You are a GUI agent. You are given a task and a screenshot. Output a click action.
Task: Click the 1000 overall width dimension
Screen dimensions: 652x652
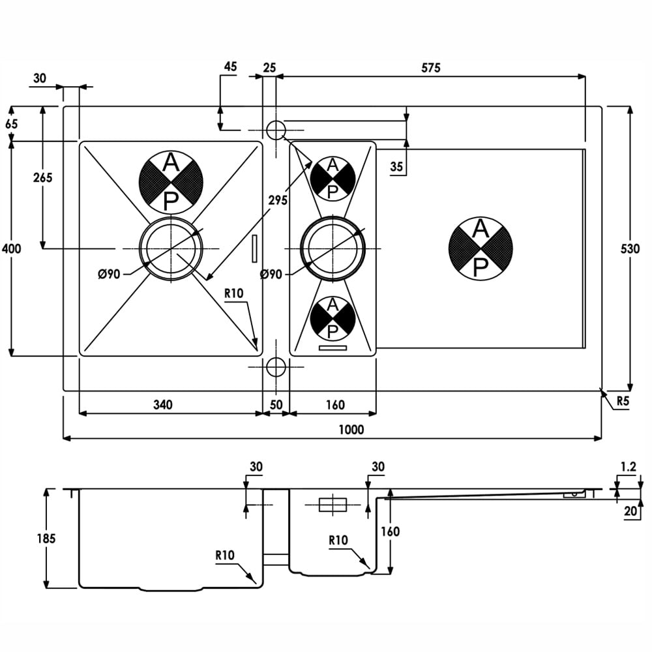click(x=351, y=429)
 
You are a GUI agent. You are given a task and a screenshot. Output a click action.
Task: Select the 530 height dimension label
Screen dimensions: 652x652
click(x=630, y=248)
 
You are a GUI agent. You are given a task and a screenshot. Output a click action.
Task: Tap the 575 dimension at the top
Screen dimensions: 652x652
click(x=430, y=67)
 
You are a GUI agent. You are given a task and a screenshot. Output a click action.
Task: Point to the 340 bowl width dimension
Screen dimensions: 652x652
click(x=162, y=404)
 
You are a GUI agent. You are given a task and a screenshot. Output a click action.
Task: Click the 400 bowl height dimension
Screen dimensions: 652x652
click(x=11, y=248)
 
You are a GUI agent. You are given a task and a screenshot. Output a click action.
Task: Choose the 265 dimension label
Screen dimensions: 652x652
click(x=43, y=177)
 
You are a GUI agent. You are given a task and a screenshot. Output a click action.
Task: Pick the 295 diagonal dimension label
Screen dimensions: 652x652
click(x=277, y=200)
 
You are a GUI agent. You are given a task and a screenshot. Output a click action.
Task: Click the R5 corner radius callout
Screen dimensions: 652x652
click(x=623, y=401)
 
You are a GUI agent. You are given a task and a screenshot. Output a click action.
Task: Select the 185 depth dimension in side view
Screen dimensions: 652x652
click(x=46, y=539)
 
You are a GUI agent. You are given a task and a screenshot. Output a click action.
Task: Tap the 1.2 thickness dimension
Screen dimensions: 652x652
click(x=629, y=467)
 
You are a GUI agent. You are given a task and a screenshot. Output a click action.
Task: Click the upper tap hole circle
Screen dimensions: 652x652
click(x=275, y=130)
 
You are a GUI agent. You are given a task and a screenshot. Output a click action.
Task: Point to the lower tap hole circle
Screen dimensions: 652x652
click(x=275, y=366)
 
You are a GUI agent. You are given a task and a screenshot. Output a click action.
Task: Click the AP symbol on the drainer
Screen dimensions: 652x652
click(x=481, y=248)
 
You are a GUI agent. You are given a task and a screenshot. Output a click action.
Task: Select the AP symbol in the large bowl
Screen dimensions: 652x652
click(x=171, y=181)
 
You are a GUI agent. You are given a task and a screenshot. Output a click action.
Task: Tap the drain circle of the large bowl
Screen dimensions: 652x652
click(x=171, y=248)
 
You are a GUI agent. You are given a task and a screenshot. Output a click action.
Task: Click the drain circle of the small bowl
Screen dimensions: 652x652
click(x=333, y=248)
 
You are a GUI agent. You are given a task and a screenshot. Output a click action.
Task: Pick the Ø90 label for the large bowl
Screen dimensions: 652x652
click(x=109, y=274)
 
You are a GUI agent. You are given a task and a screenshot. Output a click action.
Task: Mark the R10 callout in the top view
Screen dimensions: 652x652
click(x=233, y=293)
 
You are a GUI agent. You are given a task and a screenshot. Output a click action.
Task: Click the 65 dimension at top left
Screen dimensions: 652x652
click(x=12, y=124)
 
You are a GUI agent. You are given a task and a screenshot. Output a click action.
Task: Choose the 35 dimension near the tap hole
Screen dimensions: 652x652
click(x=396, y=166)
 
